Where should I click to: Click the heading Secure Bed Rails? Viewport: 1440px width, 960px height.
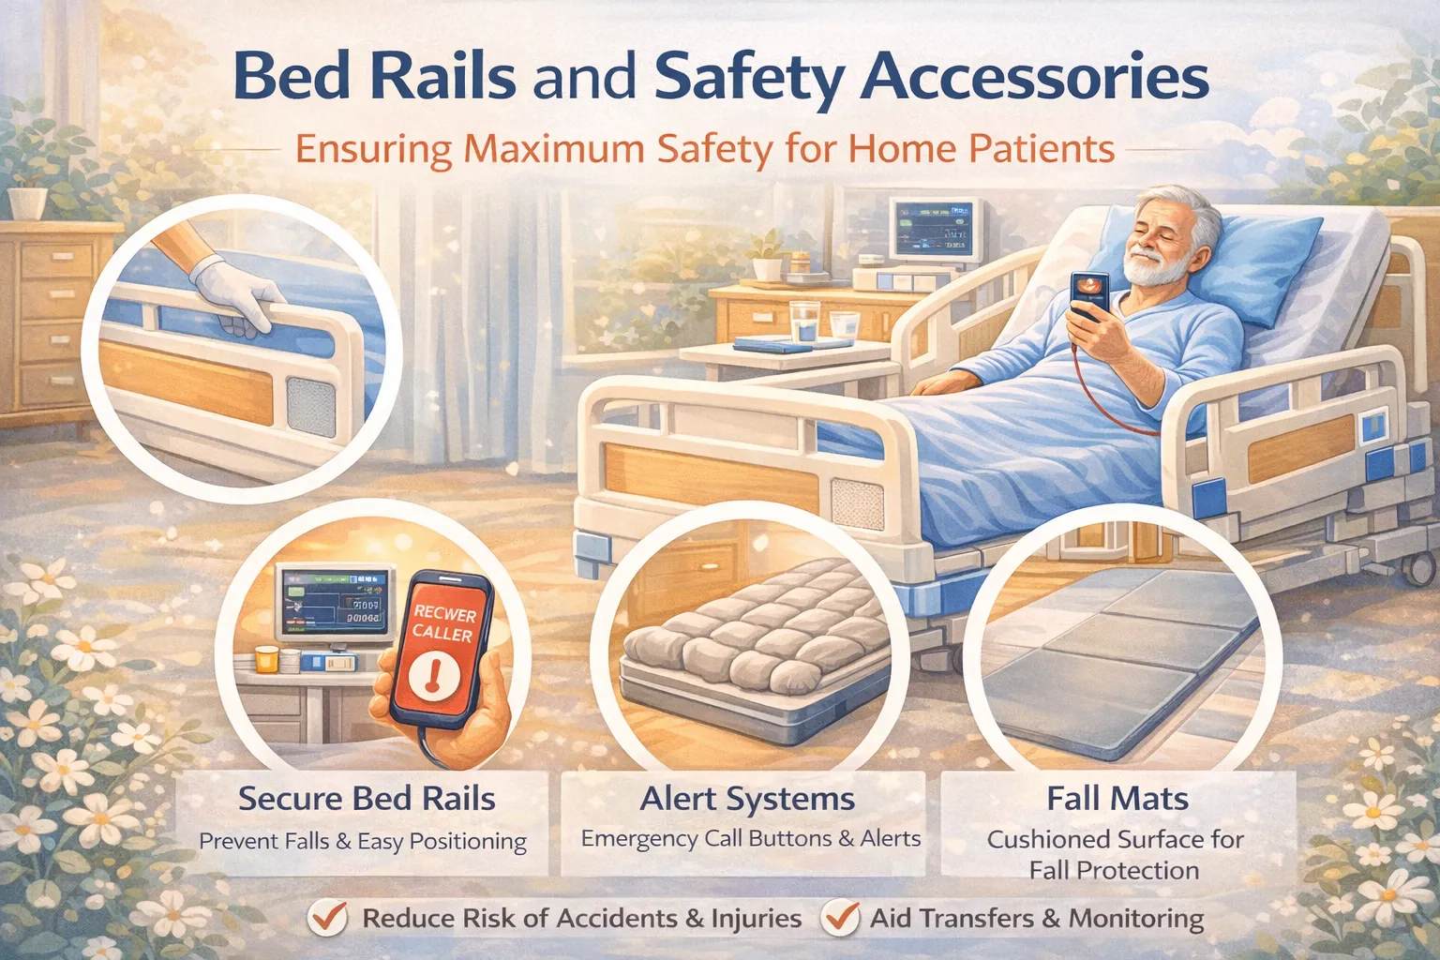tap(367, 799)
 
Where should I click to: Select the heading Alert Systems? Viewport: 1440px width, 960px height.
tap(747, 799)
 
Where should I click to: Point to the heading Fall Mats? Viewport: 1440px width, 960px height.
tap(1117, 799)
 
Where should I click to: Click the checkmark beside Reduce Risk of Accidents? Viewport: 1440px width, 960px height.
tap(328, 917)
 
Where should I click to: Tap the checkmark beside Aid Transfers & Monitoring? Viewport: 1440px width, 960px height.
tap(840, 917)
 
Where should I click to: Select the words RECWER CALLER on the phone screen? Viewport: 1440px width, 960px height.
tap(443, 624)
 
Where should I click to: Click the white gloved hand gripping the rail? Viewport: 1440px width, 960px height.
tap(234, 295)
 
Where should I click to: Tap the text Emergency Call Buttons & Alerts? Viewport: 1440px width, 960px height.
tap(750, 838)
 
